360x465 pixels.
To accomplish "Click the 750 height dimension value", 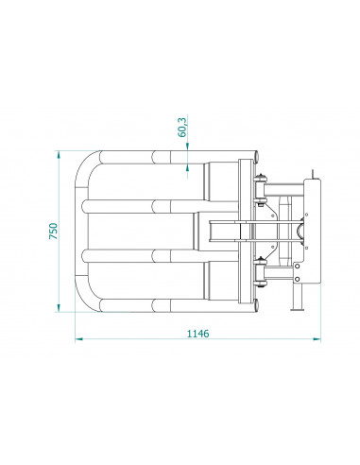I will (x=54, y=231).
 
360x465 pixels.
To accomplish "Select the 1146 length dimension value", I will (x=196, y=334).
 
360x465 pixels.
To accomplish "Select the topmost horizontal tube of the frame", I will (x=161, y=157).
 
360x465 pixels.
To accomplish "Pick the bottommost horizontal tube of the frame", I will (x=161, y=304).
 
